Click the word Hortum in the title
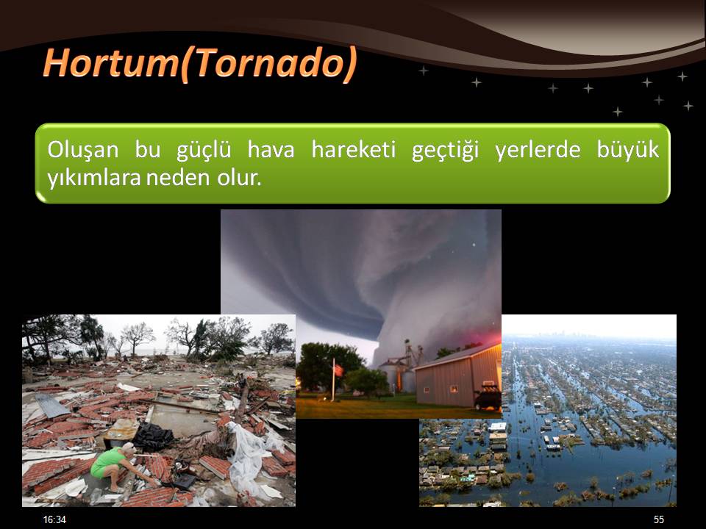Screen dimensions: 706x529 [x=111, y=62]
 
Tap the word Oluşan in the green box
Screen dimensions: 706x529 [x=83, y=150]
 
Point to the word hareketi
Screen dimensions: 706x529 [x=354, y=149]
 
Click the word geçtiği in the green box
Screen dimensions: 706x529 [x=446, y=151]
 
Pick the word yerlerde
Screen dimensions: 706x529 [x=538, y=150]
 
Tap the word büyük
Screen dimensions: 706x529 [x=627, y=150]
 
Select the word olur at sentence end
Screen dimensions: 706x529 [x=239, y=178]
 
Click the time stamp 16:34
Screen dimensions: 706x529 [x=54, y=519]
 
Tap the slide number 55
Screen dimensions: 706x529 [x=659, y=519]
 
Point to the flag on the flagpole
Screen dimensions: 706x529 [x=338, y=370]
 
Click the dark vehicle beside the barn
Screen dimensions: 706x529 [x=487, y=397]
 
